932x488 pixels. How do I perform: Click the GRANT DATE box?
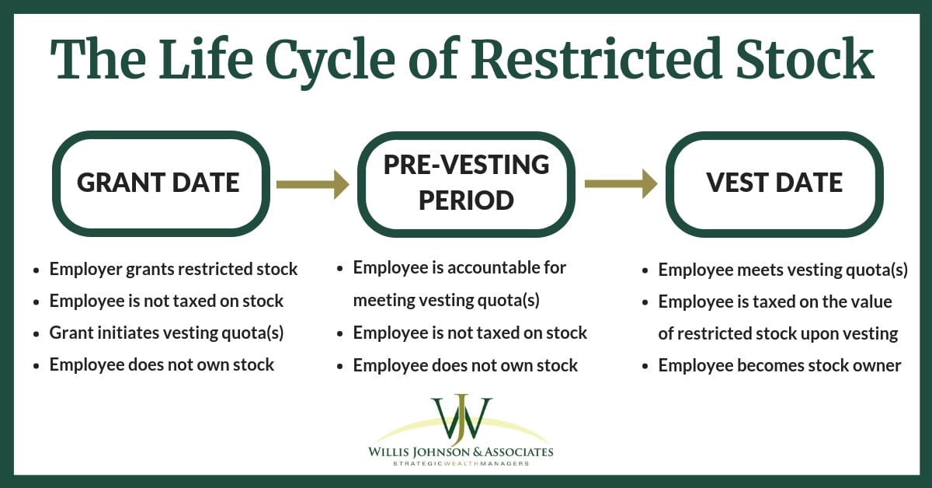tap(159, 183)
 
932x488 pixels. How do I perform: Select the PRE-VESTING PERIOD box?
tap(467, 183)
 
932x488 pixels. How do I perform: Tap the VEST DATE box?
tap(774, 183)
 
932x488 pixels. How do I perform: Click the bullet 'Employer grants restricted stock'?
tap(173, 270)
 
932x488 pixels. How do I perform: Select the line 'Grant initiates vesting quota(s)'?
tap(166, 333)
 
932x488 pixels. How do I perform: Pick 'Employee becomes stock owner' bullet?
tap(779, 365)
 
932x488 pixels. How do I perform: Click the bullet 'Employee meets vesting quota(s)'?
tap(783, 270)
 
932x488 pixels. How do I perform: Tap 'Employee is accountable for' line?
tap(460, 268)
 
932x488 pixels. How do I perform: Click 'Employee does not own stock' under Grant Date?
tap(162, 364)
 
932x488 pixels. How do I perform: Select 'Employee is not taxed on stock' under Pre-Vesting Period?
tap(470, 333)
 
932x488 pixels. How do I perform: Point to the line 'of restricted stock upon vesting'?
tap(777, 333)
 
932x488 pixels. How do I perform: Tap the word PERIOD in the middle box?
tap(467, 200)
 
